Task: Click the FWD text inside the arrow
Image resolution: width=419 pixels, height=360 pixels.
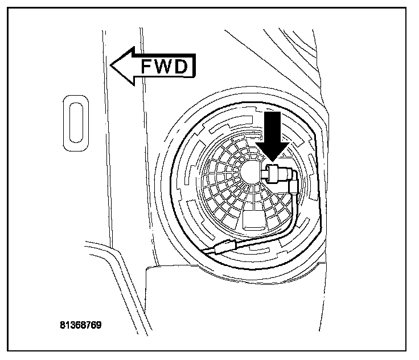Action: coord(163,67)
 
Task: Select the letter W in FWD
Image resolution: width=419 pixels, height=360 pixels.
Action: coord(163,67)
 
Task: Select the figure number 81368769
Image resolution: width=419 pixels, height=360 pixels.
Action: coord(80,326)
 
